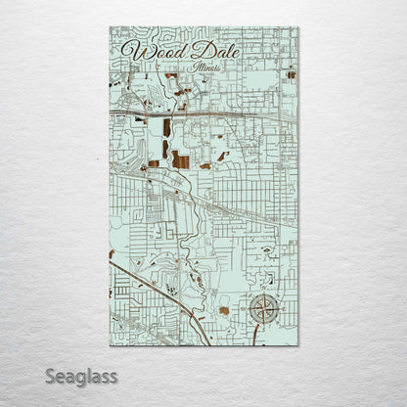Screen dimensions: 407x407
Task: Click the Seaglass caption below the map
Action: (81, 376)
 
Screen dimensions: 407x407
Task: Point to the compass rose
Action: (261, 309)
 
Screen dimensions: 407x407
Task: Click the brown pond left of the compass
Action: (224, 310)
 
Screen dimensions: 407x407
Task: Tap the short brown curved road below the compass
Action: (255, 335)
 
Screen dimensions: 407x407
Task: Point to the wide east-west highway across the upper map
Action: (215, 115)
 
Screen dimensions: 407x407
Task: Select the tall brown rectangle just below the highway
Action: (167, 128)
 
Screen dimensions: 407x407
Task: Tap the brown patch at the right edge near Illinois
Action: (291, 73)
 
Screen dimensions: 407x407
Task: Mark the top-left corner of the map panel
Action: (110, 27)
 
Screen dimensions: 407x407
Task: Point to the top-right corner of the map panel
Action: (298, 27)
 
